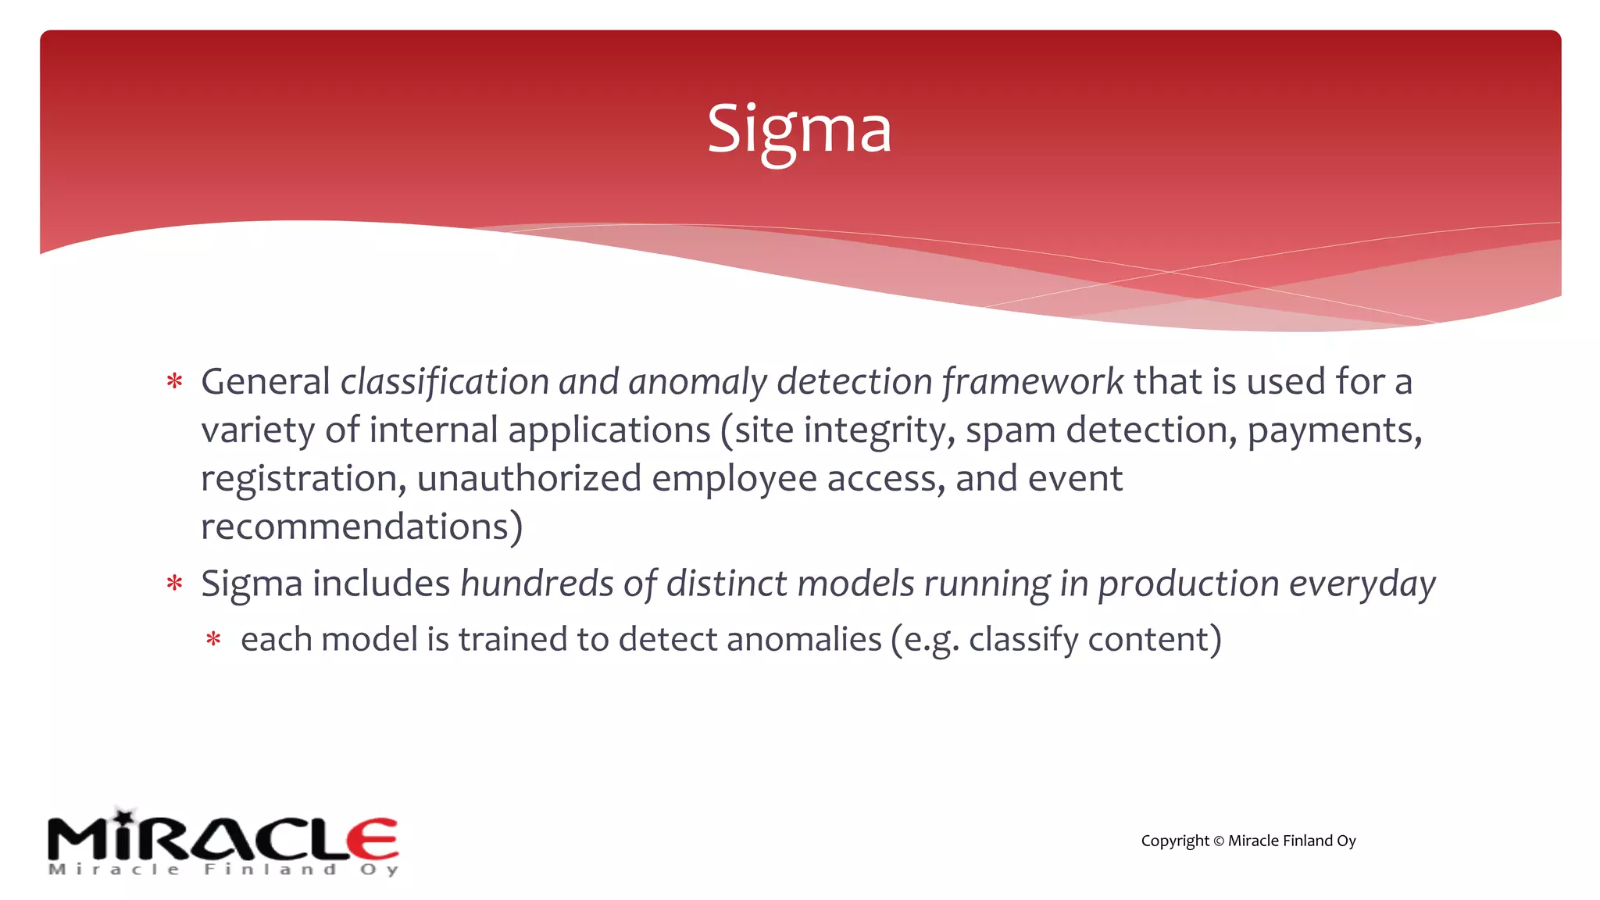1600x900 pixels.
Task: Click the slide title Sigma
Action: point(798,130)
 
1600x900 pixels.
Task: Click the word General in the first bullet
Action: point(266,382)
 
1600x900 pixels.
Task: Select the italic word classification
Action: point(445,382)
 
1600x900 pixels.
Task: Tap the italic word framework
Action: point(1032,382)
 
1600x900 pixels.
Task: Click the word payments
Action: point(1333,430)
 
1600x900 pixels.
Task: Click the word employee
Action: point(734,480)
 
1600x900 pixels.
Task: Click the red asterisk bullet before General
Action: point(174,382)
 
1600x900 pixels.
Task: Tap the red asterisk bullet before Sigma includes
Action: point(174,584)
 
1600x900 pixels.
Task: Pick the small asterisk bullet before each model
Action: point(213,640)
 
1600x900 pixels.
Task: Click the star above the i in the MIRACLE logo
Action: point(125,815)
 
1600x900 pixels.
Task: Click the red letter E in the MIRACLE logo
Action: point(373,840)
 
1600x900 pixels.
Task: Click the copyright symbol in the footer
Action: point(1218,841)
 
